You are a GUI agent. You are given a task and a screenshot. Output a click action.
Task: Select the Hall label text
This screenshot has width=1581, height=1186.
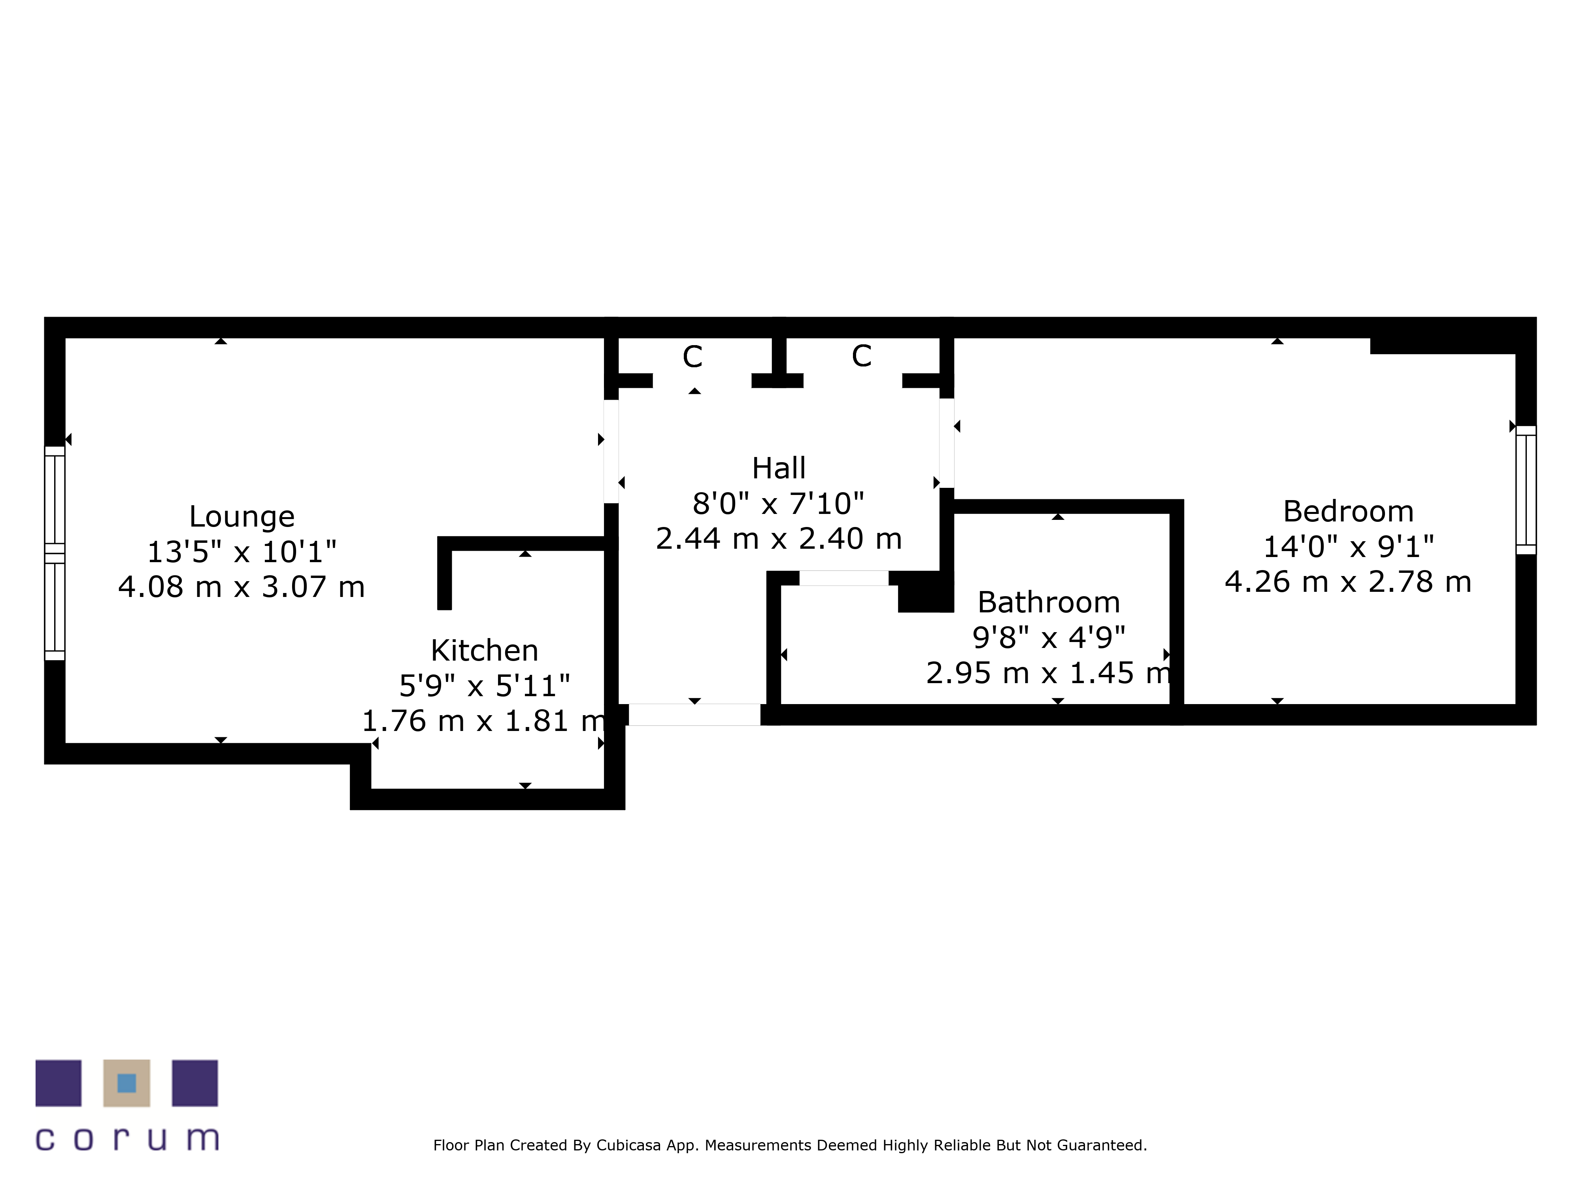pyautogui.click(x=778, y=468)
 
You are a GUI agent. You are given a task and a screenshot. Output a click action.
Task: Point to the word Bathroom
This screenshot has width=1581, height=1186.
pyautogui.click(x=1049, y=602)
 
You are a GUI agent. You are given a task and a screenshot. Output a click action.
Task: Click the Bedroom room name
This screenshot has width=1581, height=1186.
pyautogui.click(x=1348, y=511)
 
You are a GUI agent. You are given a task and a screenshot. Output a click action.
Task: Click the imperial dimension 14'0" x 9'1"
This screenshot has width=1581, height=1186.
pyautogui.click(x=1348, y=547)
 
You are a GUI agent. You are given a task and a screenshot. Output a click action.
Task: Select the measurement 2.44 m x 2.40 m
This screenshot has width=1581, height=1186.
pyautogui.click(x=778, y=538)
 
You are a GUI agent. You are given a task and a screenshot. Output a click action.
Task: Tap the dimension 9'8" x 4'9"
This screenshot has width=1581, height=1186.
pyautogui.click(x=1049, y=637)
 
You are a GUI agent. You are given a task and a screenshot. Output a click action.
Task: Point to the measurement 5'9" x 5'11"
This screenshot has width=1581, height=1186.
pyautogui.click(x=485, y=686)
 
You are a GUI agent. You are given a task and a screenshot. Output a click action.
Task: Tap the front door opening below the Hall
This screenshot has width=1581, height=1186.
pyautogui.click(x=694, y=714)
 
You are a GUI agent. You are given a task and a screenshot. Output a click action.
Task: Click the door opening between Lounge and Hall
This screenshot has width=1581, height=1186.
pyautogui.click(x=611, y=451)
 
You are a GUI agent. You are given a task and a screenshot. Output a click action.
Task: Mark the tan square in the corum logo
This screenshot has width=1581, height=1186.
pyautogui.click(x=126, y=1083)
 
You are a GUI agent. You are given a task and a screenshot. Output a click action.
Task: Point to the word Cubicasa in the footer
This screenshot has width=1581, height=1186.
pyautogui.click(x=628, y=1145)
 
